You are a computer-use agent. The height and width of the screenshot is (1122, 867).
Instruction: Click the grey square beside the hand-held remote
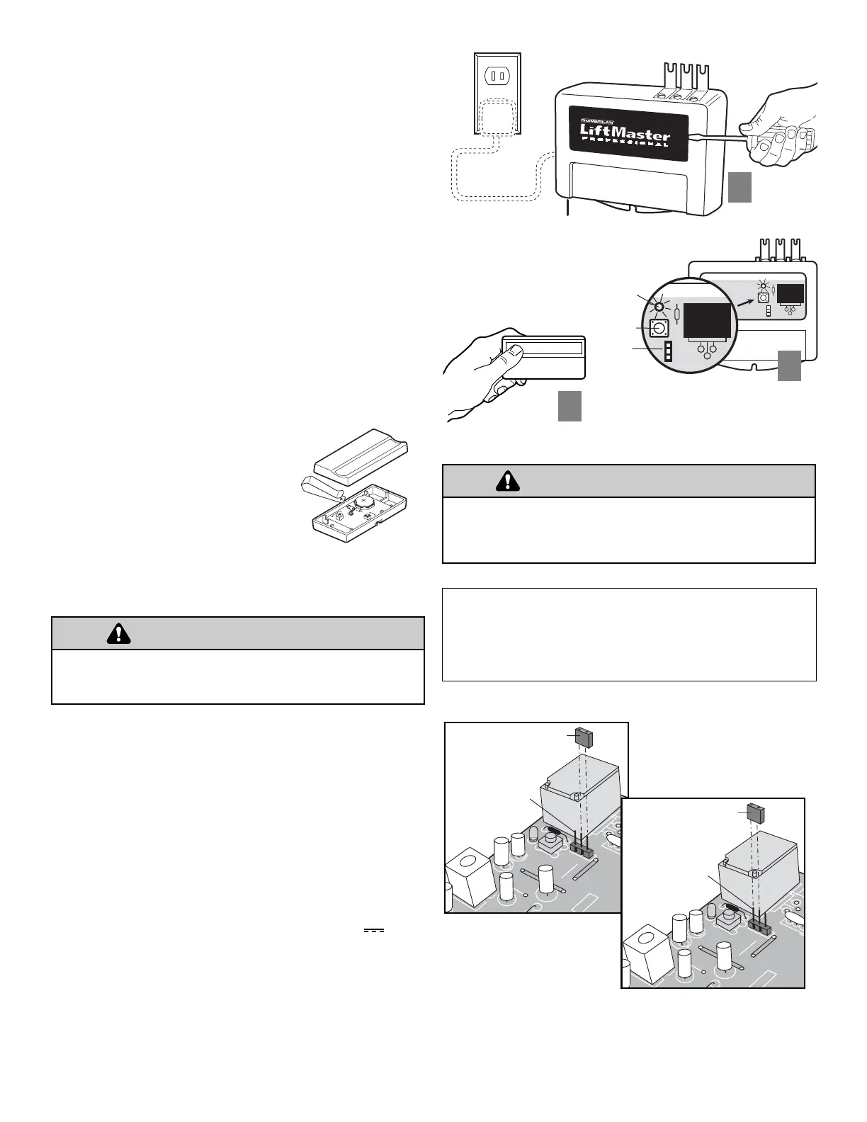(569, 406)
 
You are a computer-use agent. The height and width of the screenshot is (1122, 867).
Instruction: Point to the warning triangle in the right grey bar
(507, 481)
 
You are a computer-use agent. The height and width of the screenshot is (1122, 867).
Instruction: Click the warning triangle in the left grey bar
(118, 633)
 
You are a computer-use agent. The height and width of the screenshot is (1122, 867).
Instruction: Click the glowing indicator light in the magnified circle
(659, 307)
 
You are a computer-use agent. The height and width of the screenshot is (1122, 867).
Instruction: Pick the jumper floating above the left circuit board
(584, 737)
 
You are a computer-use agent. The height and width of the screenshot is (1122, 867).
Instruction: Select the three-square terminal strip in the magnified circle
(668, 351)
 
